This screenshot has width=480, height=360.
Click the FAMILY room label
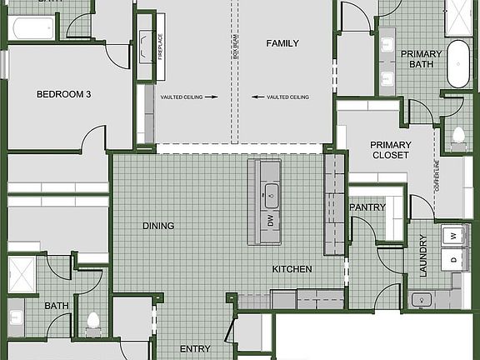coord(282,43)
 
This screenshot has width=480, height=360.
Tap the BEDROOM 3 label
coord(63,94)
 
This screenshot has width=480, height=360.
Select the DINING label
coord(158,226)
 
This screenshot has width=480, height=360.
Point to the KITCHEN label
coord(292,269)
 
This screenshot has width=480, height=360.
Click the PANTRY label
coord(367,207)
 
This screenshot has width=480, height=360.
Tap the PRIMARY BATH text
coord(421,59)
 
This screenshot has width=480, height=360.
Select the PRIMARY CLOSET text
coord(390,150)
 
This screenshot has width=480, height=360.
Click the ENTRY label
coord(195,349)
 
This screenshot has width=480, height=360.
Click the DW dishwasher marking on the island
coord(270,221)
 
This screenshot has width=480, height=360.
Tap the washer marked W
coord(453,237)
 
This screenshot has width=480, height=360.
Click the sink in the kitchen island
coord(270,198)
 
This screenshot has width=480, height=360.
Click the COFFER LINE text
coord(437,176)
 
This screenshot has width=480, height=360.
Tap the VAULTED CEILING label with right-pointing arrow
coord(188,97)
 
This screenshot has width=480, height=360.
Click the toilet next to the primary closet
coord(457,136)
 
